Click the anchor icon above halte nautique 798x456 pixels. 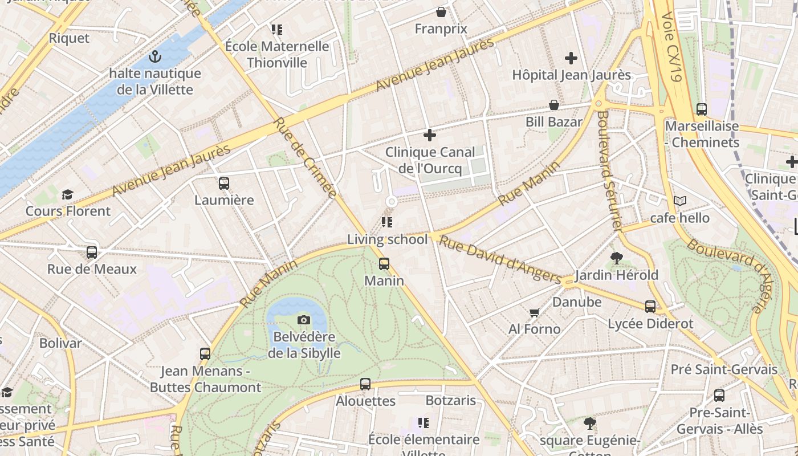click(x=154, y=56)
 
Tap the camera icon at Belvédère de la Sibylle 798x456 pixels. click(x=304, y=320)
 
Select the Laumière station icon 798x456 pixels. click(x=224, y=184)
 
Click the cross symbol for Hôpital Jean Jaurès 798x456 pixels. click(x=571, y=58)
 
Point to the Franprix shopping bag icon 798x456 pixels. click(x=441, y=12)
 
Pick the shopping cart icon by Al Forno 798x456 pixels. click(x=534, y=312)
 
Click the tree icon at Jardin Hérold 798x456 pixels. click(x=616, y=258)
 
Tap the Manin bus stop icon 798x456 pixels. click(x=384, y=264)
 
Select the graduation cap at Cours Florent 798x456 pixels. click(x=68, y=194)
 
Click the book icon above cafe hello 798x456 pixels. click(x=679, y=201)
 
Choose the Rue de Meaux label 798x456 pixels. click(x=92, y=269)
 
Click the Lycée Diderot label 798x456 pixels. click(x=650, y=324)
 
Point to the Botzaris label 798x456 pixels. click(x=450, y=401)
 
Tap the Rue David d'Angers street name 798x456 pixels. click(x=500, y=260)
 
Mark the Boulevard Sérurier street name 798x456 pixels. click(x=609, y=170)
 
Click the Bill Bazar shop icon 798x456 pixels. click(x=553, y=105)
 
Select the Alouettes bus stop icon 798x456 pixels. click(x=365, y=384)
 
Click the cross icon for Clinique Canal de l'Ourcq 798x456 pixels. click(x=430, y=135)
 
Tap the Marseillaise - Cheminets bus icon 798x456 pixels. click(x=702, y=109)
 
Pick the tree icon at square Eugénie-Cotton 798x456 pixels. click(x=590, y=424)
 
